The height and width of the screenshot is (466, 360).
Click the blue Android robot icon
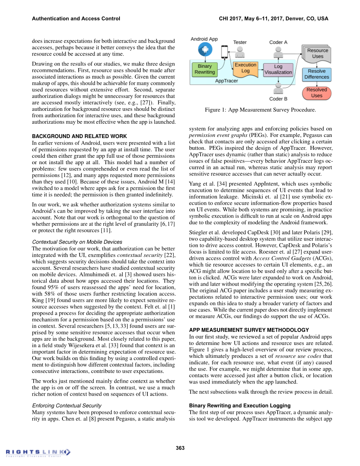(204, 50)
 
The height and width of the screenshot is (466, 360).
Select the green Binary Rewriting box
(205, 69)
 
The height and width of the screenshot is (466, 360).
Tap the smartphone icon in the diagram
(224, 51)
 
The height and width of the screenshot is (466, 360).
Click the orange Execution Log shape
(245, 68)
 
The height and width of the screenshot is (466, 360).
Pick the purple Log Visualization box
(278, 70)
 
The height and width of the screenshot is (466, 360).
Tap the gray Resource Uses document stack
(317, 54)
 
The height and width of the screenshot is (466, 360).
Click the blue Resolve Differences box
(317, 74)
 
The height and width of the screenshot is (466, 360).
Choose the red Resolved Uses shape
(317, 93)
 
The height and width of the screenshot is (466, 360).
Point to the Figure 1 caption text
(260, 110)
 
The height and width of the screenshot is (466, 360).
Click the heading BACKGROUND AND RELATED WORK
(79, 136)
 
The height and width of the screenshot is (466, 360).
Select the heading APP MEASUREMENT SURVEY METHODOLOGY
(249, 330)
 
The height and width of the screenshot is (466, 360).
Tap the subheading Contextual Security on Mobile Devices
(77, 242)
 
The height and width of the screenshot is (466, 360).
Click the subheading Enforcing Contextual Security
(67, 405)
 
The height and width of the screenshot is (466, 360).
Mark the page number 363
(180, 448)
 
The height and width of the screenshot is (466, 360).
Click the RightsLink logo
(38, 452)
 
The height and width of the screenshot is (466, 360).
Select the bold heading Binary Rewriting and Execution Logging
(240, 405)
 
